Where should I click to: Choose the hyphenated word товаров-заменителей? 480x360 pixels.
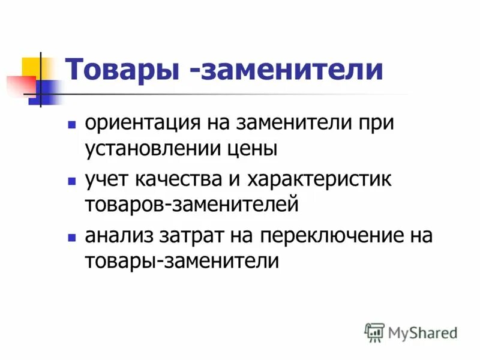191,205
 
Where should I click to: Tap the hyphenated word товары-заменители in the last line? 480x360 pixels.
182,261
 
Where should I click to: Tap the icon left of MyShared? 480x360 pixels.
374,332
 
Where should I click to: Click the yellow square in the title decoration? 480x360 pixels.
30,66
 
